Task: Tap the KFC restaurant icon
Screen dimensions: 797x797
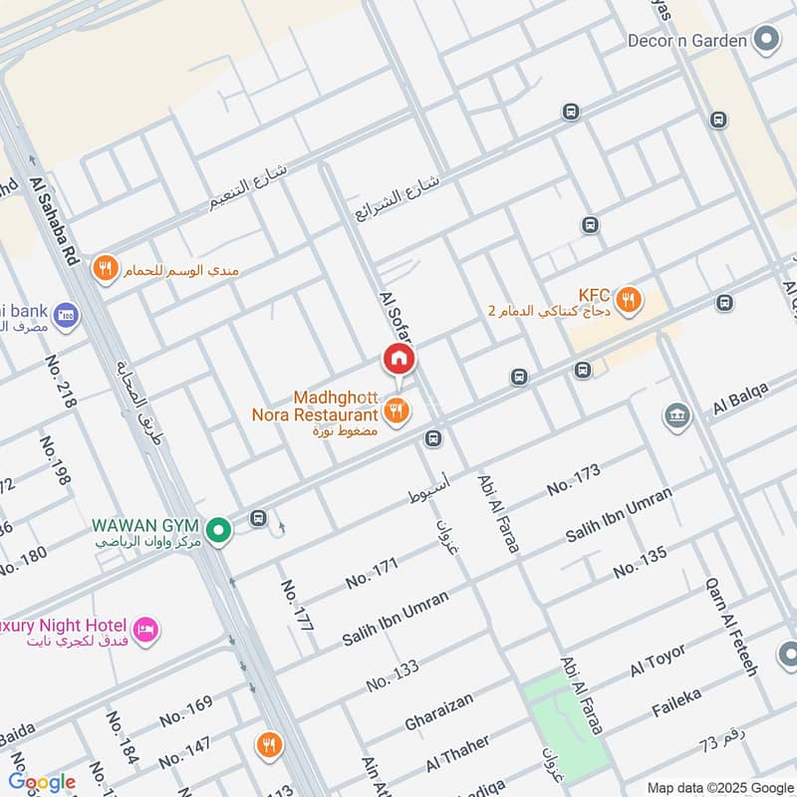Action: [x=628, y=298]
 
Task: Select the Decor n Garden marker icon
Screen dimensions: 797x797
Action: [x=765, y=41]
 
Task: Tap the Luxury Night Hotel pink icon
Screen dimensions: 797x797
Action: [x=146, y=630]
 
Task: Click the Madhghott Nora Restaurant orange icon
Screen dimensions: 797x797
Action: [x=397, y=410]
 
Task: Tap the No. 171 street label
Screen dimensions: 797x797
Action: [x=372, y=572]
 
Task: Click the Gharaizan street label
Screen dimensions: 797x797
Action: [x=439, y=709]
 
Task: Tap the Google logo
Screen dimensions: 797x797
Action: [x=42, y=782]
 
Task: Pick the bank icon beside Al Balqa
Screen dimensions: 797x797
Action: [x=677, y=415]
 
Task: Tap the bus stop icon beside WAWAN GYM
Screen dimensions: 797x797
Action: [x=259, y=519]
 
